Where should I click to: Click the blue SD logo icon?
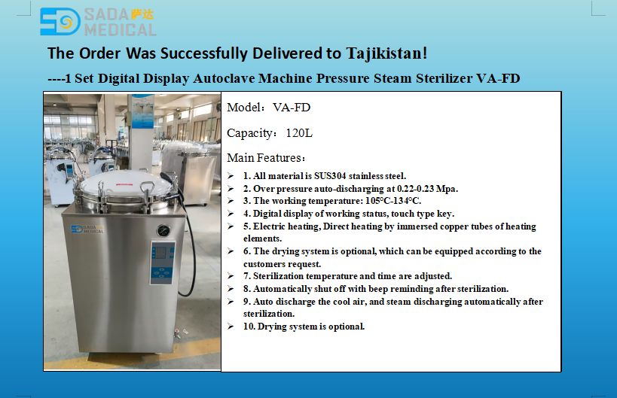click(60, 22)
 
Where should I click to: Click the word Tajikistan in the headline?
click(386, 53)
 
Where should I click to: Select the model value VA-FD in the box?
click(292, 108)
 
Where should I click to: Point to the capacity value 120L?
click(299, 133)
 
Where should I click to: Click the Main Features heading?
click(266, 158)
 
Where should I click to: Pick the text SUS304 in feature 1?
click(330, 176)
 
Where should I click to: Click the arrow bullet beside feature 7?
click(231, 276)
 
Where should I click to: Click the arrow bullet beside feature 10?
click(231, 327)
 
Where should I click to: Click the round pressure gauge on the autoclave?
click(163, 231)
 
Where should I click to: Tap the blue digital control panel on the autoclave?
click(162, 263)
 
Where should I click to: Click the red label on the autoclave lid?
click(124, 184)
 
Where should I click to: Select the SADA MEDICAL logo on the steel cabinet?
click(87, 229)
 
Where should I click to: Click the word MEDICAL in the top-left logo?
click(121, 30)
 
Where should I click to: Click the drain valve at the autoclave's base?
click(178, 334)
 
